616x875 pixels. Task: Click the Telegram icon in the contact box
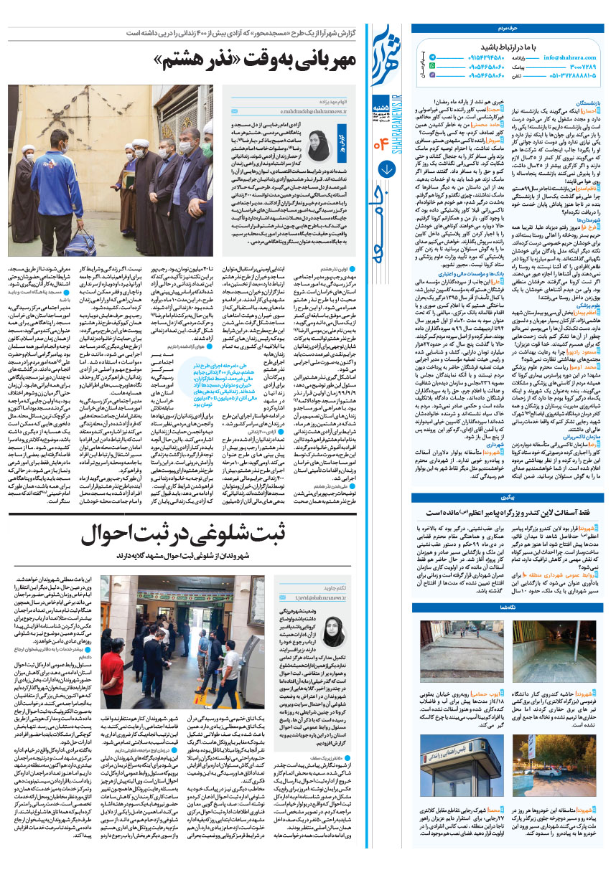(422, 65)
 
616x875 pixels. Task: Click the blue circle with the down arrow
(386, 169)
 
